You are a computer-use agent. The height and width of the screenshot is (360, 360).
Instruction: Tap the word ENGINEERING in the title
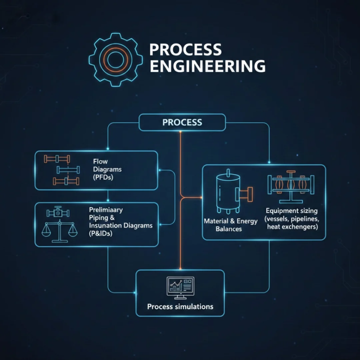(207, 66)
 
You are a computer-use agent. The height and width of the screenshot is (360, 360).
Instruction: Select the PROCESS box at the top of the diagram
(182, 123)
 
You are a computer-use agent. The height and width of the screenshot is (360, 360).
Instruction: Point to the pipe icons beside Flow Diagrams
(62, 170)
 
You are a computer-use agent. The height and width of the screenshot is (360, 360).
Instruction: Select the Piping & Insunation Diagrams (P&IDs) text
(120, 222)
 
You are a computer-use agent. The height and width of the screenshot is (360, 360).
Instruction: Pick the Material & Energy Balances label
(231, 225)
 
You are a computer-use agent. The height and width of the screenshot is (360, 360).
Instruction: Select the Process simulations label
(180, 307)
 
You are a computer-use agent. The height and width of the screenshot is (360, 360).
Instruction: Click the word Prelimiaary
(106, 210)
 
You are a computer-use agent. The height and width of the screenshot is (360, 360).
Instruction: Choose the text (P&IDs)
(101, 234)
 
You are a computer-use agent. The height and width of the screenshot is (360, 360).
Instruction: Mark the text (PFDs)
(103, 178)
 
